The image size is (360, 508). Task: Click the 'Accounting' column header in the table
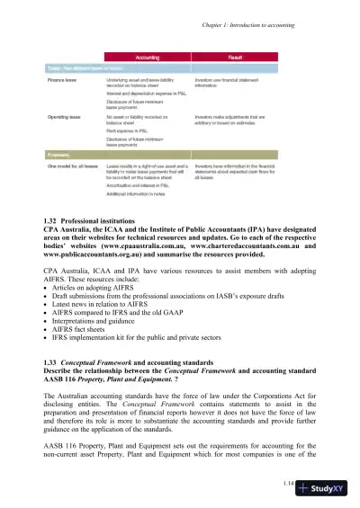tap(148, 56)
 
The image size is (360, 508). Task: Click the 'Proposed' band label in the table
tap(61, 155)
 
